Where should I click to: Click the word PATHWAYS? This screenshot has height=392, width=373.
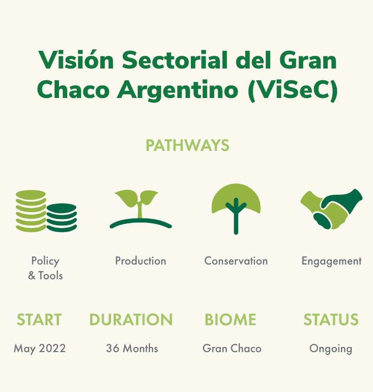187,146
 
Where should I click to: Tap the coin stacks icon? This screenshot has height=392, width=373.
46,211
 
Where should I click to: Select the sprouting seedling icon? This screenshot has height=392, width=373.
141,209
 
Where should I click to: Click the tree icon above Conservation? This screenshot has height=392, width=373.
236,209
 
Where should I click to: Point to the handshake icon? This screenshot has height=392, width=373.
331,209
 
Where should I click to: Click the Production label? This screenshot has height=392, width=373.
141,261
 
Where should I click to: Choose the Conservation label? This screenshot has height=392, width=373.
236,261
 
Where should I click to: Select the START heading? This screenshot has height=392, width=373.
39,320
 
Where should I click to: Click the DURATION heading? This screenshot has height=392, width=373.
131,320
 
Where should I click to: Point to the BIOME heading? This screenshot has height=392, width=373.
230,320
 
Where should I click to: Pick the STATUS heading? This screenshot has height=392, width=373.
331,320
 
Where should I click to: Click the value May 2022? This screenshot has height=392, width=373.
39,349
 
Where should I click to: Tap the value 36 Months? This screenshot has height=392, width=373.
132,348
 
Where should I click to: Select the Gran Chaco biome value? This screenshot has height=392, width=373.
232,348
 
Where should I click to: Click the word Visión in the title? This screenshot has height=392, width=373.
76,60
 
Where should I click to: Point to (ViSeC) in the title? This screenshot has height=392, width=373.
293,90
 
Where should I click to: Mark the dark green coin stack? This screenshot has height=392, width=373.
62,218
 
